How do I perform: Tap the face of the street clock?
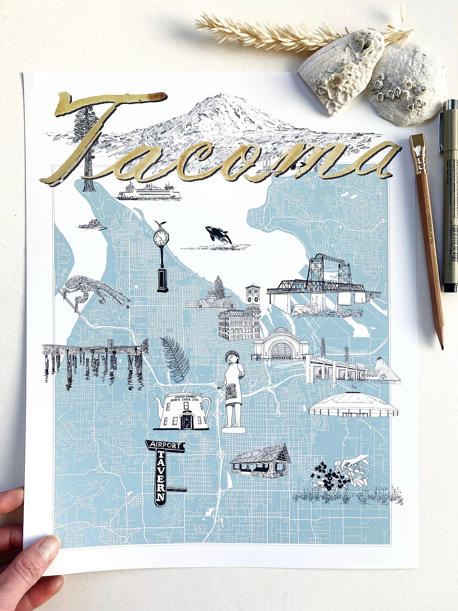[x=161, y=238]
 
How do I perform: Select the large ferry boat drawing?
[x=149, y=192]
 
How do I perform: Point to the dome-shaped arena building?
[x=353, y=405]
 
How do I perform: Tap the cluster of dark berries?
[x=331, y=479]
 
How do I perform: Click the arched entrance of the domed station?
[x=281, y=352]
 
